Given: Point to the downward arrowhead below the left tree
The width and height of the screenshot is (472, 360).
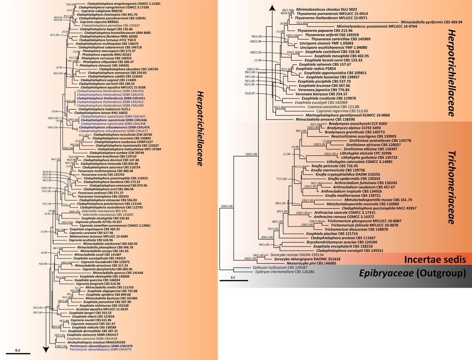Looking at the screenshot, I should [x=47, y=349].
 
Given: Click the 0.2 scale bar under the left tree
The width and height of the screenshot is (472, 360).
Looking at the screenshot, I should [x=18, y=353].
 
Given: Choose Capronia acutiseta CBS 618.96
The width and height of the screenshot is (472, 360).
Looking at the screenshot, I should [x=91, y=240].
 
